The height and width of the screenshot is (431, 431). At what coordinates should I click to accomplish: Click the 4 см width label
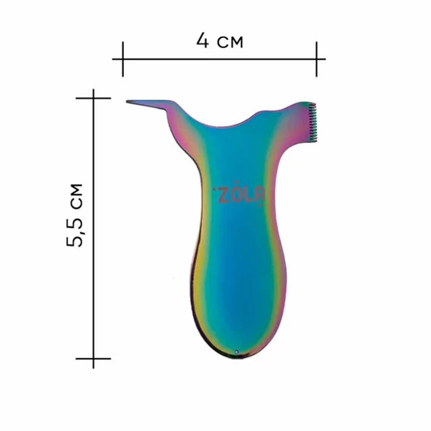[x=220, y=41]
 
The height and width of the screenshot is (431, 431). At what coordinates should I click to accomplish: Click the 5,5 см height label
[x=74, y=215]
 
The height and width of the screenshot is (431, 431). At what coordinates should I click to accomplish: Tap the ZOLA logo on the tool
[x=239, y=194]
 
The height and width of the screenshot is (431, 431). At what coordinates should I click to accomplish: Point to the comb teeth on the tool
[x=312, y=122]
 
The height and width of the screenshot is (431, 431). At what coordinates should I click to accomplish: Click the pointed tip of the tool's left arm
[x=127, y=102]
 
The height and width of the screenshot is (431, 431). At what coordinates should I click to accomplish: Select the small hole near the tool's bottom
[x=236, y=352]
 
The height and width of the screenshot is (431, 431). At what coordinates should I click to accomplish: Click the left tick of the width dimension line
[x=123, y=59]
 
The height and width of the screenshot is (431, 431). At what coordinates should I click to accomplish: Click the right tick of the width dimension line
[x=316, y=59]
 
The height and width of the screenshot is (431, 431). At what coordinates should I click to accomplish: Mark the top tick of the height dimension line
[x=93, y=98]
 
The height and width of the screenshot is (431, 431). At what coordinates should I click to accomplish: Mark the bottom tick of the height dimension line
[x=93, y=359]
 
